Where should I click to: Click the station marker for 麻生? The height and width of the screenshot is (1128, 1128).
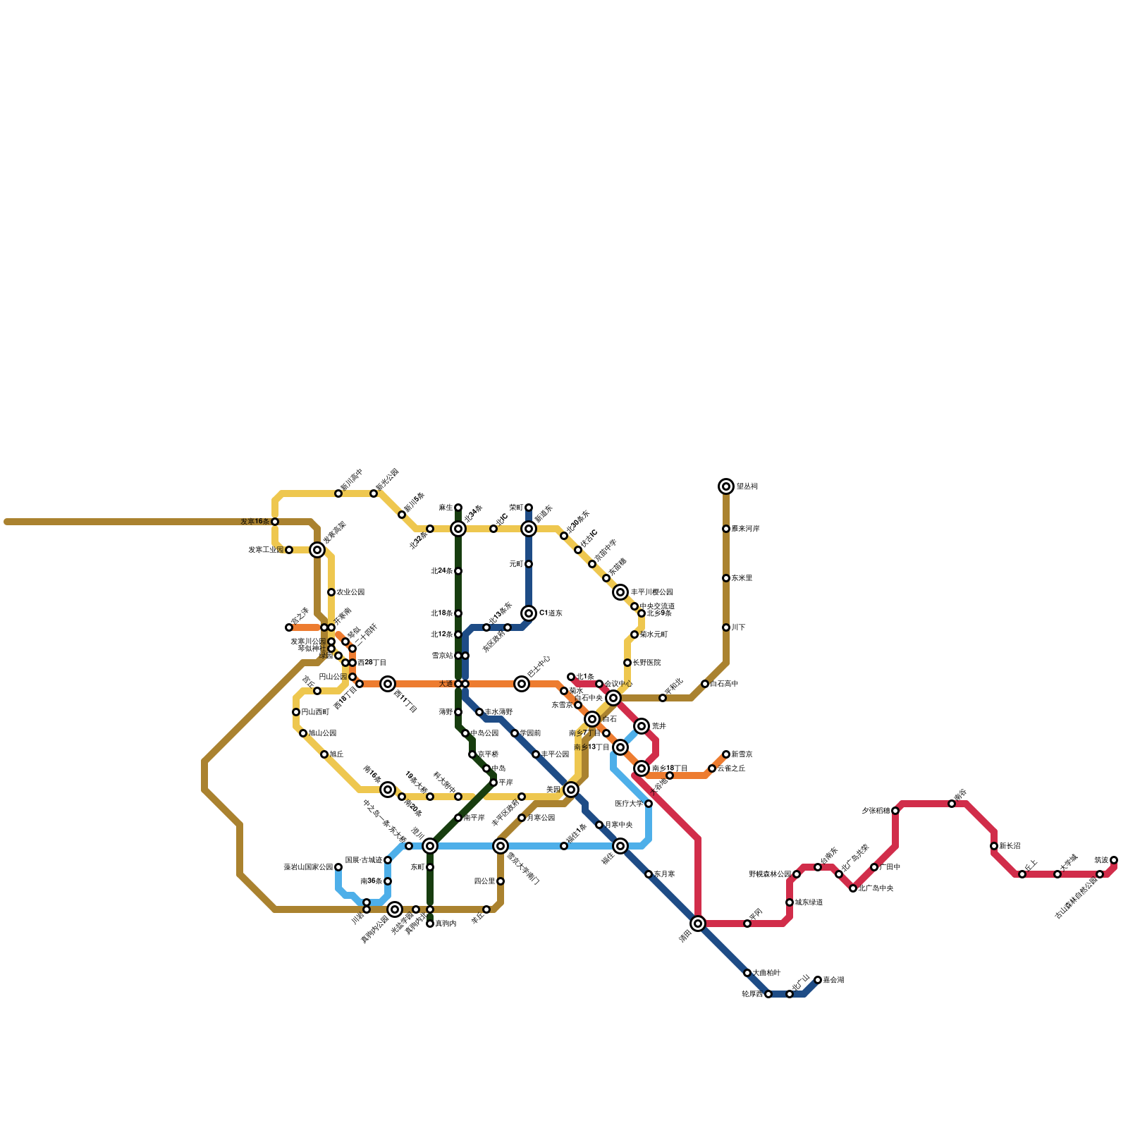[x=458, y=508]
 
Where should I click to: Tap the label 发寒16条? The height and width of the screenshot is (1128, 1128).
[x=255, y=522]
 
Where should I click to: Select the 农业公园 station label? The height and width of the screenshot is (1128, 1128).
[x=350, y=592]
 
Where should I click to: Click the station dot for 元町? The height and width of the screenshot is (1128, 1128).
[x=529, y=564]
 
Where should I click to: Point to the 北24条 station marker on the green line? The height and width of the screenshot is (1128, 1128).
[x=458, y=571]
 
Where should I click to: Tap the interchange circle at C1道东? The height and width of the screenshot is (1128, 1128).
[x=529, y=613]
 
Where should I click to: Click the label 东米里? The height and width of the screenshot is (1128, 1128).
[x=742, y=578]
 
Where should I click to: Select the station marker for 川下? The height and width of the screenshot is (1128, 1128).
[x=726, y=627]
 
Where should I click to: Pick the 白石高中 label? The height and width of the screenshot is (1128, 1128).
[x=724, y=684]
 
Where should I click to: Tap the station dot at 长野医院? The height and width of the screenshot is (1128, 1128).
[x=627, y=663]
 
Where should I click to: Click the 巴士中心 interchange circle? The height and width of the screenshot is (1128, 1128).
[x=522, y=684]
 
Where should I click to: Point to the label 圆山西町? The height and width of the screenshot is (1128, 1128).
[x=315, y=712]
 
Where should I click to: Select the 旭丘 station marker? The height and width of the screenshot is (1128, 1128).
[x=324, y=754]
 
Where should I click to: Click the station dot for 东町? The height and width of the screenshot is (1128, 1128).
[x=430, y=867]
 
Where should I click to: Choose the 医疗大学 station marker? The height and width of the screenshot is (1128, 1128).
[x=649, y=804]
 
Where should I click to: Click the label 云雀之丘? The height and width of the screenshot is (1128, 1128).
[x=731, y=768]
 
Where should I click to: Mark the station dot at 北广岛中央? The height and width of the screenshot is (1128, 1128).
[x=853, y=888]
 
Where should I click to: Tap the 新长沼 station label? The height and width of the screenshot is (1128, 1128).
[x=1010, y=846]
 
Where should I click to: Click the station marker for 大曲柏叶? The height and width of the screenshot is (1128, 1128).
[x=747, y=973]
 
